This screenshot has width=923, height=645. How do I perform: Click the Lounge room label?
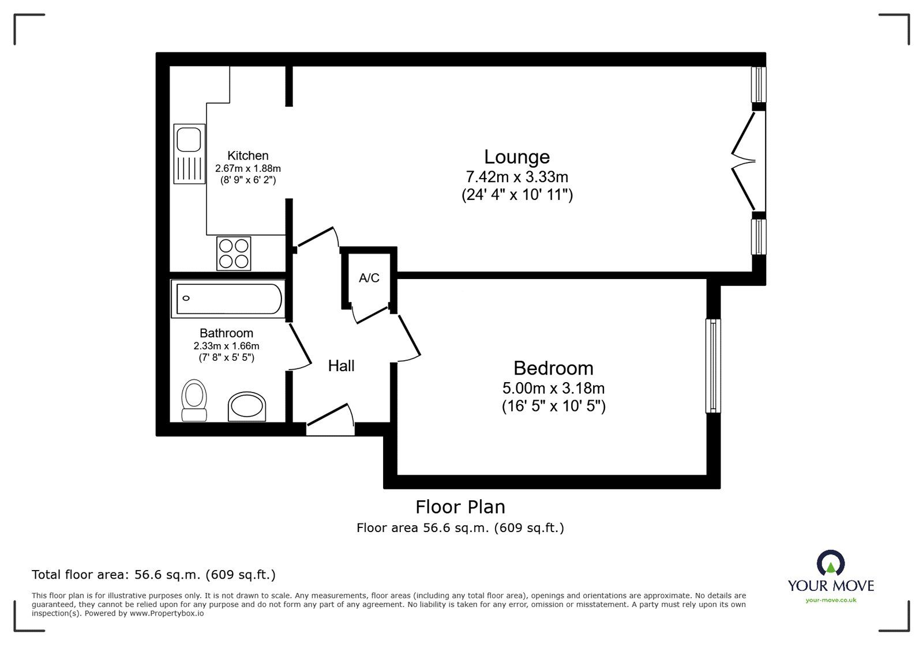coord(516,157)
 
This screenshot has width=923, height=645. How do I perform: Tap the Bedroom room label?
coord(553,368)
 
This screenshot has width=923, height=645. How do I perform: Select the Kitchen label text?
coord(247,156)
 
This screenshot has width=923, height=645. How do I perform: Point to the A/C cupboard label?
coord(369,278)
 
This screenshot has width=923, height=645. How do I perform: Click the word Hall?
coord(341,366)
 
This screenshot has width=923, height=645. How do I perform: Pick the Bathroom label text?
coord(226,333)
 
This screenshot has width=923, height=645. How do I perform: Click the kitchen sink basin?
coord(189,139)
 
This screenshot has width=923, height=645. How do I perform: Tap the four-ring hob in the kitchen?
coord(234,254)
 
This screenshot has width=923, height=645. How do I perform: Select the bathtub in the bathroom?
coord(229,299)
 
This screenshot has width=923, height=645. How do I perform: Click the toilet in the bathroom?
coord(194,399)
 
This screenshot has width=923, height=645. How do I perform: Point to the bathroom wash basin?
coord(247,407)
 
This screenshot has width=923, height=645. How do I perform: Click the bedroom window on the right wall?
coord(714,366)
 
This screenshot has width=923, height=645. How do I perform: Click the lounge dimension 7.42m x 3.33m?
coord(516,177)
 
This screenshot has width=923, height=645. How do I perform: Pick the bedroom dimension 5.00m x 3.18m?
coord(553,388)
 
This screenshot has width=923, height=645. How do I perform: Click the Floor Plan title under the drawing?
coord(460,507)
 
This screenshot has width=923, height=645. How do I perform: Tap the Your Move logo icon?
coord(831,563)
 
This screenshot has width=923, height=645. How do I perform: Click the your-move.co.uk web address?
coord(831,601)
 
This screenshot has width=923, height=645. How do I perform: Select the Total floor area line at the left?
coord(153,575)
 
